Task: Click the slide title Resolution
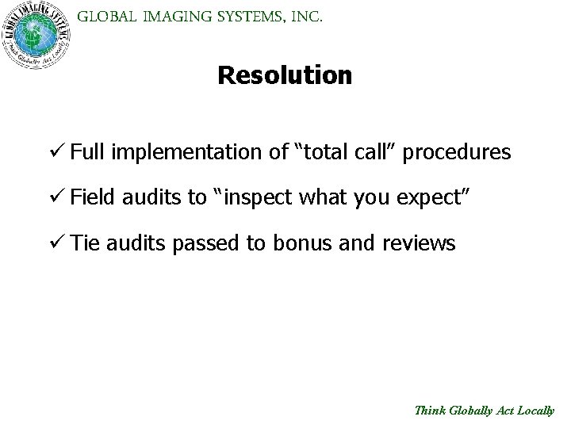(285, 75)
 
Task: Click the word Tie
(82, 243)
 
